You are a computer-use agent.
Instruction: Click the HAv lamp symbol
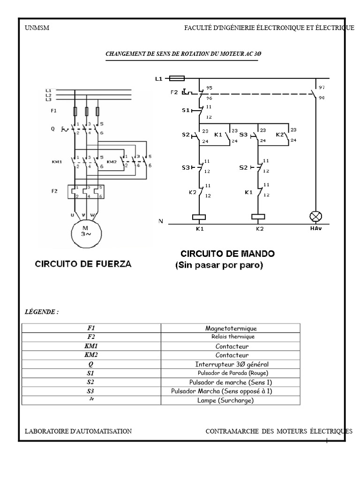pos(315,217)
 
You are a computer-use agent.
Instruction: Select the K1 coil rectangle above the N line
pos(200,217)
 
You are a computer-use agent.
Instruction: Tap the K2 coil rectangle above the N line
pos(259,217)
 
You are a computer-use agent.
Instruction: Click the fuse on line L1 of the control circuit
pos(177,79)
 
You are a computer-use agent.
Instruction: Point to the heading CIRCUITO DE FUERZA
pos(83,264)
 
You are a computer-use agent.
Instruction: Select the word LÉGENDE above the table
pos(41,312)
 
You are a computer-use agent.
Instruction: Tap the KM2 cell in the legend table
pos(91,355)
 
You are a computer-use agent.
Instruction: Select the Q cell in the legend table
pos(91,364)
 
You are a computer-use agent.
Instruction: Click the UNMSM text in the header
pos(37,28)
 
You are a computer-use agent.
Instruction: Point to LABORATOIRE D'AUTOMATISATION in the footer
pos(78,431)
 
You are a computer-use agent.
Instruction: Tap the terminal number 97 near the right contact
pos(322,87)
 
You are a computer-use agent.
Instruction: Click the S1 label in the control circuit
pos(185,111)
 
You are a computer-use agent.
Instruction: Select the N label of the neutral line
pos(161,221)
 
